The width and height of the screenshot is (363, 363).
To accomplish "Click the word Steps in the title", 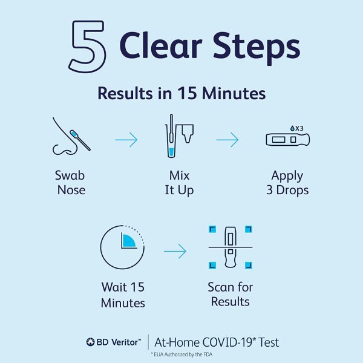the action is pyautogui.click(x=257, y=47).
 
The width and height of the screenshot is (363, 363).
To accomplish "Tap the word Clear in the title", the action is pyautogui.click(x=161, y=45).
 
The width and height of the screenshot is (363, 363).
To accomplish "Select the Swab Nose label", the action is pyautogui.click(x=70, y=183).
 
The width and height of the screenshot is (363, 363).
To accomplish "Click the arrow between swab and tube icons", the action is pyautogui.click(x=126, y=140).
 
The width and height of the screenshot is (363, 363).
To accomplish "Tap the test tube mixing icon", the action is pyautogui.click(x=178, y=136).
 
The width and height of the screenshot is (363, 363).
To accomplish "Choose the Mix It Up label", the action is pyautogui.click(x=179, y=183).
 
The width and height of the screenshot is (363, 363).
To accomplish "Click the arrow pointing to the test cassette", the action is pyautogui.click(x=227, y=140).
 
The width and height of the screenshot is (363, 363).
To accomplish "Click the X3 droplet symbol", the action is pyautogui.click(x=296, y=128).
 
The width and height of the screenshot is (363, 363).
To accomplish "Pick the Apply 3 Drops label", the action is pyautogui.click(x=287, y=183).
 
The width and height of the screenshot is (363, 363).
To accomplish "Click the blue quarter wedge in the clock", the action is pyautogui.click(x=128, y=241).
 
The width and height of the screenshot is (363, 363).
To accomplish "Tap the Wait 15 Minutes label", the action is pyautogui.click(x=123, y=295).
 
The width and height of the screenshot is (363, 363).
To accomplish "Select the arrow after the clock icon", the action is pyautogui.click(x=175, y=251).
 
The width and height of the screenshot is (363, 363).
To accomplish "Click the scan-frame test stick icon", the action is pyautogui.click(x=231, y=247).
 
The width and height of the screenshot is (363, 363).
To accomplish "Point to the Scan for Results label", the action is pyautogui.click(x=231, y=294).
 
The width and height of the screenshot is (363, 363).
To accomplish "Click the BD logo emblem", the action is pyautogui.click(x=90, y=342).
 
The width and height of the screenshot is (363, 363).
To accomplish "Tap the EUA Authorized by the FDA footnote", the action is pyautogui.click(x=181, y=355).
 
